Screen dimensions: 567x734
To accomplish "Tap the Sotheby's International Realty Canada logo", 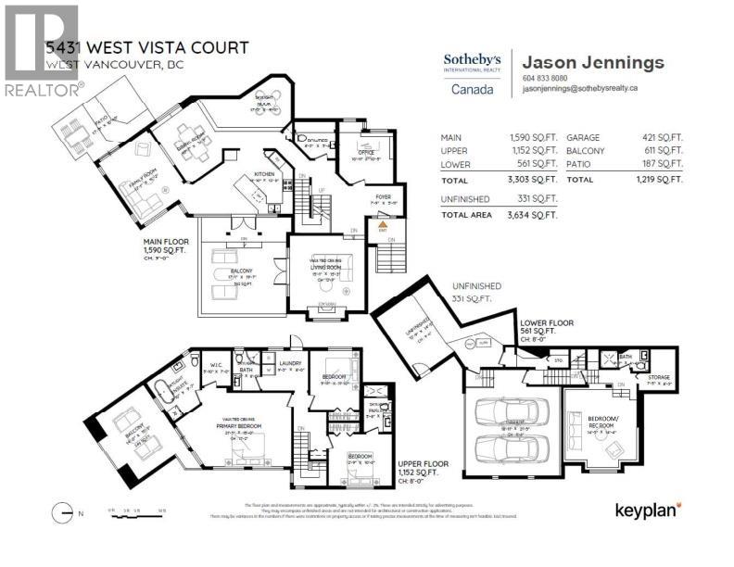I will click(x=472, y=74).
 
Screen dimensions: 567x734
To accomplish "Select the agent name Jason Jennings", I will click(x=593, y=63).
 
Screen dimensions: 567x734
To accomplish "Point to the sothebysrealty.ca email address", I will click(x=586, y=89).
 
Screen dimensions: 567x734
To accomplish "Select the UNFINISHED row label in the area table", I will click(x=467, y=198).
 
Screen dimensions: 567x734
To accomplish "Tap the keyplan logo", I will click(x=649, y=509).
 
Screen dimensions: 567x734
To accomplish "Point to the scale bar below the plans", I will click(x=135, y=510).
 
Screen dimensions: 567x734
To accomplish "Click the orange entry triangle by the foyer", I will click(x=383, y=224).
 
